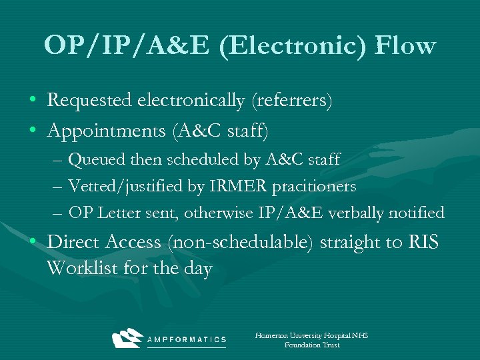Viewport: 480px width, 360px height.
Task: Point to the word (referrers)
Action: pos(291,101)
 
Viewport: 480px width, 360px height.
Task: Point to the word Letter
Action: pos(120,213)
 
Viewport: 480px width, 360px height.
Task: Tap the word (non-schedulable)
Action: pos(241,242)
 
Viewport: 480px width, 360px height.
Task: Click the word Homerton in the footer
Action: pos(271,335)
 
